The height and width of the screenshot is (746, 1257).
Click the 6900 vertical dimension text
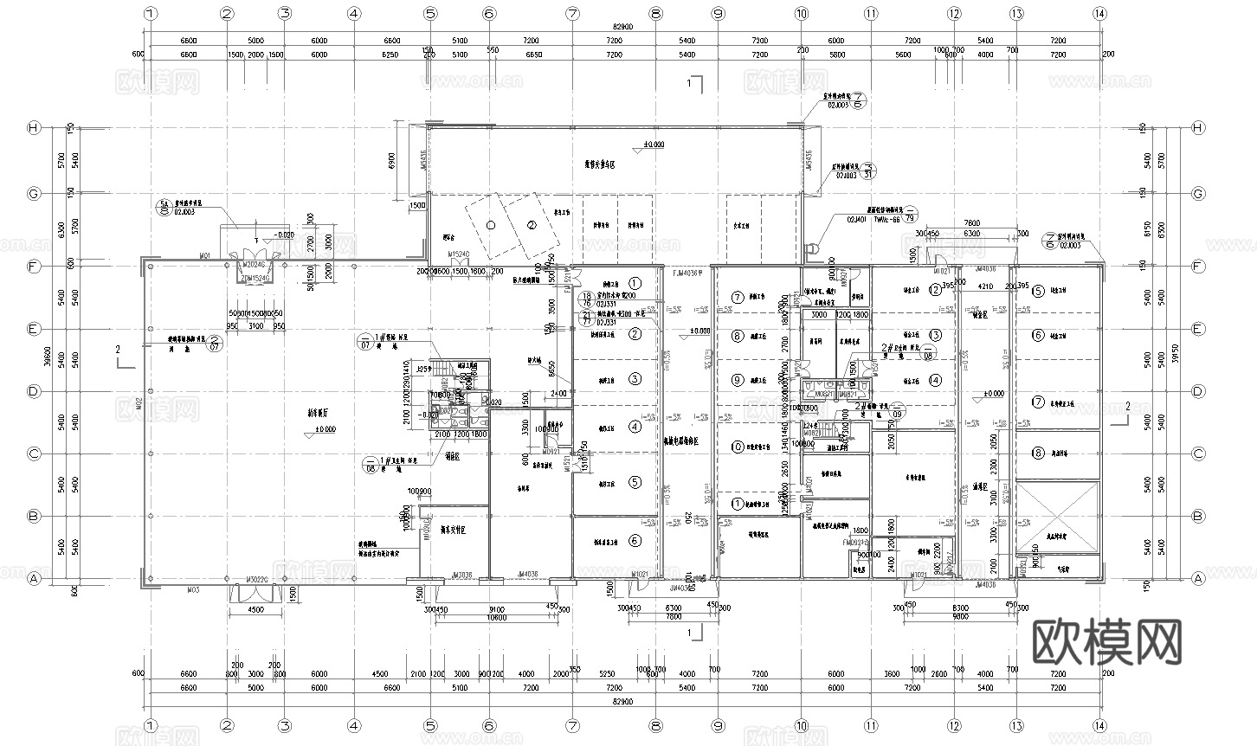pyautogui.click(x=392, y=160)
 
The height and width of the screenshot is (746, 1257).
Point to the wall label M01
pyautogui.click(x=205, y=256)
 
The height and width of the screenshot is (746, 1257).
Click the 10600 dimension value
pyautogui.click(x=495, y=618)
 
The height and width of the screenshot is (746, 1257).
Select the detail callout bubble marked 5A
pyautogui.click(x=161, y=206)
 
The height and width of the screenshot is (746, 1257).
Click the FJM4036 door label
pyautogui.click(x=688, y=272)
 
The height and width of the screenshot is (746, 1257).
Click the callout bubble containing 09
pyautogui.click(x=898, y=409)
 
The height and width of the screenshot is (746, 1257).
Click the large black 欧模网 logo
pyautogui.click(x=1107, y=641)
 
